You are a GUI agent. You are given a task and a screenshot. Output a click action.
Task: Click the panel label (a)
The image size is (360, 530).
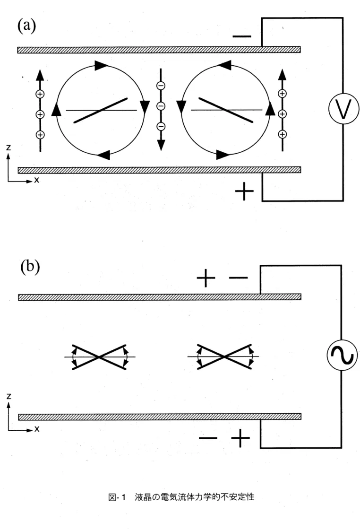coord(26,26)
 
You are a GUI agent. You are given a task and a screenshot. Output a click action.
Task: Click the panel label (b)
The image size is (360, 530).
coord(30,267)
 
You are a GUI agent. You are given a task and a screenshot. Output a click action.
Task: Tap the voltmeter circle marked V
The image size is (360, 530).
coord(343,109)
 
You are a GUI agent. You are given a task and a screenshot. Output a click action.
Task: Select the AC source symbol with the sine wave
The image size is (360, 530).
coord(342,355)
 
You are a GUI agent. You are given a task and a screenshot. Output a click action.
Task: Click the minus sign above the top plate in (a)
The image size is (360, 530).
coord(242,36)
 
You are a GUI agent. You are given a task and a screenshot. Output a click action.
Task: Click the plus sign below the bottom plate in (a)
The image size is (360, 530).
coord(244,191)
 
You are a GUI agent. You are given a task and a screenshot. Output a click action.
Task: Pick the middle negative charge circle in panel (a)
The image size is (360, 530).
coord(161,106)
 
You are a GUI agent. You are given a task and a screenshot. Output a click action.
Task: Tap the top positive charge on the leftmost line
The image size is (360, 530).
coord(40,94)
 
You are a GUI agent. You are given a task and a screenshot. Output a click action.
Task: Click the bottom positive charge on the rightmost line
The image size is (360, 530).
coord(282,134)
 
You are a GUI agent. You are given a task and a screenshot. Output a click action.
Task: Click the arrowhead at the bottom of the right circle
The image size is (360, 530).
coord(223,155)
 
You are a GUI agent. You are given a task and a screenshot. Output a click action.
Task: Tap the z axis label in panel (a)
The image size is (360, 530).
coord(9,148)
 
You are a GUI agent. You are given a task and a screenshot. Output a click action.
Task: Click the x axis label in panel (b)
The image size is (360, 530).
coord(37,429)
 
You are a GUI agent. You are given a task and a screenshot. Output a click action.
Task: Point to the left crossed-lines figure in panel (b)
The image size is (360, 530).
coord(100,357)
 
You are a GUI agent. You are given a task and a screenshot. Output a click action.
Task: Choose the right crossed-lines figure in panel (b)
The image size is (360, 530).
coord(223,357)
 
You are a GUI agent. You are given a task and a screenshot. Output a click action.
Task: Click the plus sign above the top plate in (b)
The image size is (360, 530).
coord(206,278)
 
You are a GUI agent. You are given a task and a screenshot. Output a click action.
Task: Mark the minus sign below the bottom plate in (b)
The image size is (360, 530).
coord(208,438)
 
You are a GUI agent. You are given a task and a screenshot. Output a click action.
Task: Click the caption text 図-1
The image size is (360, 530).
coord(117,497)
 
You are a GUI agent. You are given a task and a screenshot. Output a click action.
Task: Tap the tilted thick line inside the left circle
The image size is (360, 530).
coord(101,111)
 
